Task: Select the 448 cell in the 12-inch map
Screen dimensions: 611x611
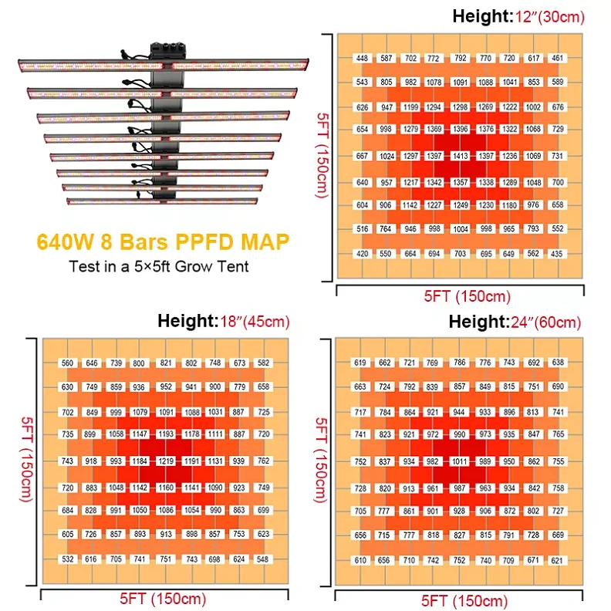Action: [362, 58]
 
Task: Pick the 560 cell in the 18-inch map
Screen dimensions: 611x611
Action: [68, 363]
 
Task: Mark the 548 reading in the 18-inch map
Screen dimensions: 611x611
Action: [264, 559]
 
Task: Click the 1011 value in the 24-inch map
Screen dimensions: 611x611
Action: [460, 461]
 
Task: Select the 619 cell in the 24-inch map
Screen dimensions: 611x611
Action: [361, 363]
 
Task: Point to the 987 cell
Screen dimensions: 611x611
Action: [460, 488]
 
